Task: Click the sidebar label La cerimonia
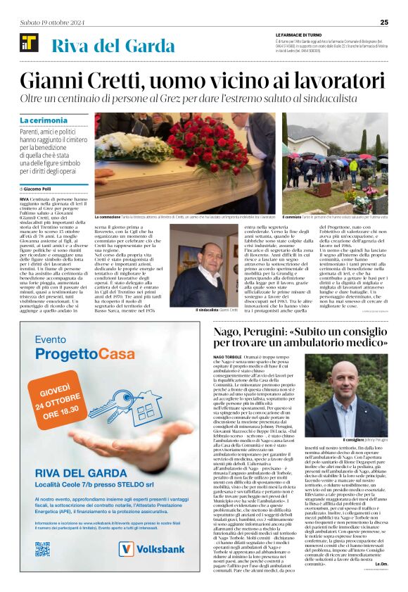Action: point(44,120)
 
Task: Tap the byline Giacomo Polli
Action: point(43,189)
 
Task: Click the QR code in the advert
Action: point(43,548)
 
